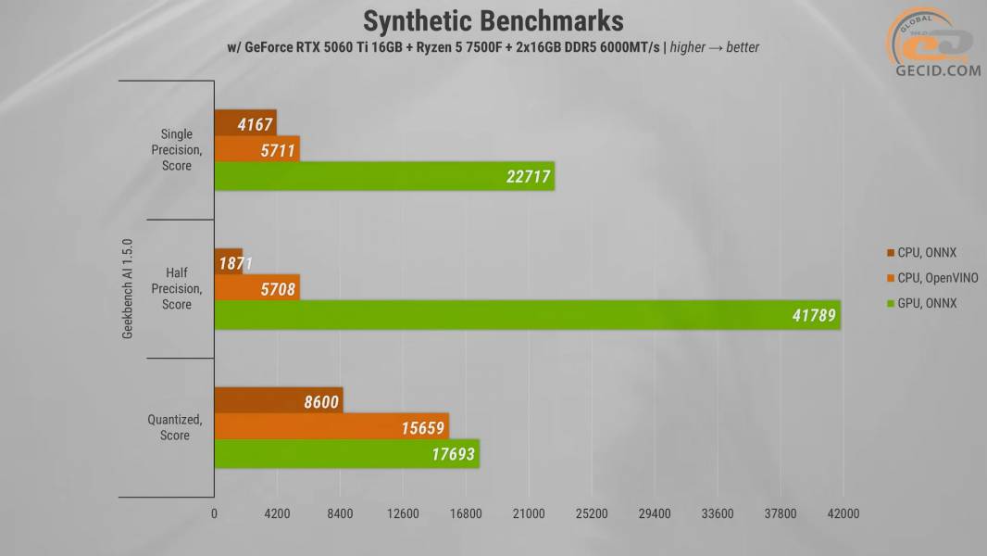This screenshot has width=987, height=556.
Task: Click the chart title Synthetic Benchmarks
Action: tap(493, 20)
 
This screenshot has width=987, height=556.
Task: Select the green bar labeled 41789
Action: tap(527, 315)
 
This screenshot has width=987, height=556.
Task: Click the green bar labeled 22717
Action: tap(384, 176)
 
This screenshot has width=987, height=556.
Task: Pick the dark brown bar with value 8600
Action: tap(278, 401)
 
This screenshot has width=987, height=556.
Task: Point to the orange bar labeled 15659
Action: tap(331, 428)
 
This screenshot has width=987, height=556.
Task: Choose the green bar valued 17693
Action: tap(346, 454)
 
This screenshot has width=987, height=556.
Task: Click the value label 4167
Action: tap(255, 123)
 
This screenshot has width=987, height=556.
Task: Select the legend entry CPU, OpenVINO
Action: tap(931, 277)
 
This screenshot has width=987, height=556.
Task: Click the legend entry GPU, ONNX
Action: tap(921, 303)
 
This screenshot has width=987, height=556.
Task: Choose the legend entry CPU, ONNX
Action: tap(921, 252)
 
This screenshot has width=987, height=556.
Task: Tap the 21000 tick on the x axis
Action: tap(529, 514)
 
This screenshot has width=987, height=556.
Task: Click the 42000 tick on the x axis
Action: tap(843, 514)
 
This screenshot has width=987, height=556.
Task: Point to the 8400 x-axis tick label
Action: tap(340, 514)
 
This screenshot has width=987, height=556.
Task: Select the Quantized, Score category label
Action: tap(175, 427)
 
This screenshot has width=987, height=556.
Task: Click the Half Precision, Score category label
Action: tap(177, 289)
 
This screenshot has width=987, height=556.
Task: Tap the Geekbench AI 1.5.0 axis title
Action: tap(129, 289)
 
